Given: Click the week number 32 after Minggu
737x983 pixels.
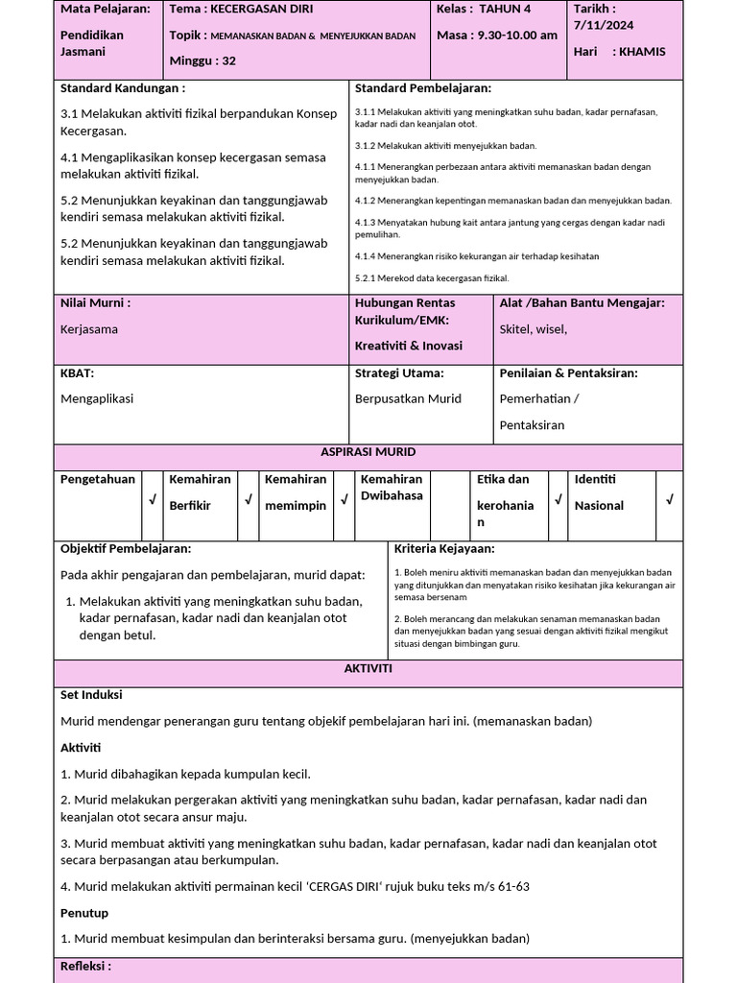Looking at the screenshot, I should point(228,60).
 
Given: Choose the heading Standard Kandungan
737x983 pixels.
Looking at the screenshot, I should point(123,88).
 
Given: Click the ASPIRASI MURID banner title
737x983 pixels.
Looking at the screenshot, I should point(368,451).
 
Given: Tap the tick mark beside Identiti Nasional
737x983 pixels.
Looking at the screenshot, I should point(670,499).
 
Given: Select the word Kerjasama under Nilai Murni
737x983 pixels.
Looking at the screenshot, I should point(89,329).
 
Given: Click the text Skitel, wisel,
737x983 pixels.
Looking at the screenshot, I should point(534,329).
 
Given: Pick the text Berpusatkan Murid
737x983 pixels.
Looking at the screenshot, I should point(408,398).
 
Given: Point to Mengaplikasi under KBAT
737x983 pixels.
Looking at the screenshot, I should point(98,398).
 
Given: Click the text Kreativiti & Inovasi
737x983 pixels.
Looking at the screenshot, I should point(409,346).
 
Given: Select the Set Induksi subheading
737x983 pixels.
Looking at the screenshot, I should point(91,695).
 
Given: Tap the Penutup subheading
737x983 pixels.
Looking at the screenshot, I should point(84,913).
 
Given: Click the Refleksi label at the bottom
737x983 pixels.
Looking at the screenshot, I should point(85,967).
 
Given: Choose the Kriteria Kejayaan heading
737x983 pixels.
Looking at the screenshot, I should point(444,549).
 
